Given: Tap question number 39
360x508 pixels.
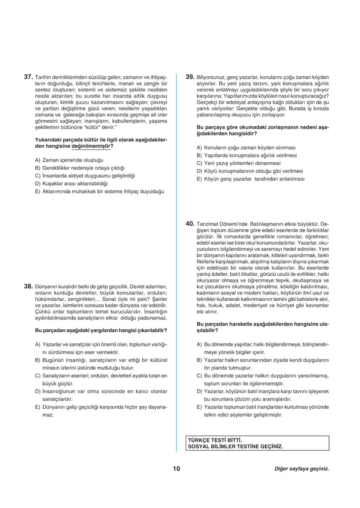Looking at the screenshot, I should click(x=189, y=76).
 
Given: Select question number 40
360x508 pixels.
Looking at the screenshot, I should click(x=189, y=224).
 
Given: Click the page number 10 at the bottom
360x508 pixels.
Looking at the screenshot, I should click(x=176, y=468).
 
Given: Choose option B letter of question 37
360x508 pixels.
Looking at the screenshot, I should click(x=38, y=168).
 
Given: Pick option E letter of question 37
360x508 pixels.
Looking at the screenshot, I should click(x=38, y=191).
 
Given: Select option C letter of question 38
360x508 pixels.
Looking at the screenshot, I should click(x=38, y=375).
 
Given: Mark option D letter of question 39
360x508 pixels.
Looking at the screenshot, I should click(x=199, y=171).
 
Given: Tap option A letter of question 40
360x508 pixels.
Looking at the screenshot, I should click(x=199, y=345).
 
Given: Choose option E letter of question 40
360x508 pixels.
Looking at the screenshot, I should click(x=199, y=407).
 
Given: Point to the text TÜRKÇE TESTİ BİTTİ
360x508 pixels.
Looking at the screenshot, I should click(x=212, y=440).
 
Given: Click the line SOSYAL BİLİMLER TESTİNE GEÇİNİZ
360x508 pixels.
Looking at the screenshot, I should click(x=235, y=446).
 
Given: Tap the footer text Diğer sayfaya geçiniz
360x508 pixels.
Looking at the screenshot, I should click(x=301, y=469).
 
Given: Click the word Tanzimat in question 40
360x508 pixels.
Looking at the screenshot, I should click(x=208, y=224).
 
